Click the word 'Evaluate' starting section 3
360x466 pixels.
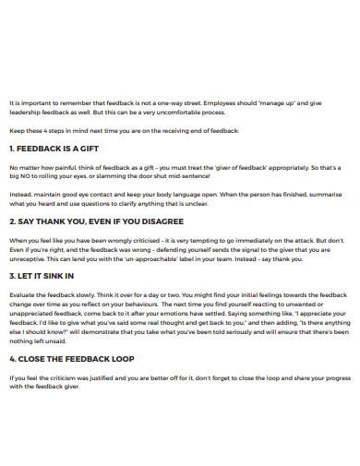tap(23, 293)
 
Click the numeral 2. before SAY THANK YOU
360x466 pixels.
tap(12, 221)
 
